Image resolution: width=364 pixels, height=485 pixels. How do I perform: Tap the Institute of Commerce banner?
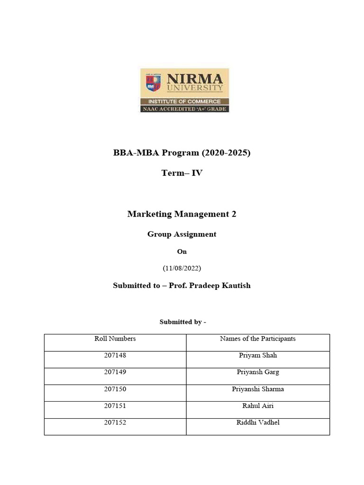point(184,101)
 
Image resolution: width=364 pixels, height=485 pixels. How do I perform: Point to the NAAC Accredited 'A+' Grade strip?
point(184,109)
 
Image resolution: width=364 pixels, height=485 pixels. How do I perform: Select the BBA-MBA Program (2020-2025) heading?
point(182,153)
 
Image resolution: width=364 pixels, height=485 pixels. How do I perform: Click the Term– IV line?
point(182,173)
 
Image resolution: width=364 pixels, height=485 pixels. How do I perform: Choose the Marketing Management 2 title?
point(182,214)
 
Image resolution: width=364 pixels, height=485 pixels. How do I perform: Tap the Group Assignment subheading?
point(182,234)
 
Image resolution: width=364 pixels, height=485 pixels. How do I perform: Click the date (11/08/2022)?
point(182,268)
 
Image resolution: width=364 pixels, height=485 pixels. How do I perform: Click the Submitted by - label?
point(182,322)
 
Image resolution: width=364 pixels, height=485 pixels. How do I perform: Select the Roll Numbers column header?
point(115,339)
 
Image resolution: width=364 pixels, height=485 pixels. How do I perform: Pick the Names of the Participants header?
point(258,339)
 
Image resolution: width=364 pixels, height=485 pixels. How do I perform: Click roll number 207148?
point(115,355)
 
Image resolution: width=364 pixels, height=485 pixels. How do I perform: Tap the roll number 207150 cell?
point(115,389)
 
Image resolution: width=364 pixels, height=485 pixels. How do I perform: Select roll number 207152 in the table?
point(115,422)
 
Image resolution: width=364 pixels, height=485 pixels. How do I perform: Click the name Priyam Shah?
point(258,355)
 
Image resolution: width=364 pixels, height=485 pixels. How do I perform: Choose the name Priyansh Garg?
point(258,372)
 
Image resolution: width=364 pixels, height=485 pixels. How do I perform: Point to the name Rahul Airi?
point(258,406)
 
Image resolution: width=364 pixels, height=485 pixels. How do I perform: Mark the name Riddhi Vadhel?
point(258,422)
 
